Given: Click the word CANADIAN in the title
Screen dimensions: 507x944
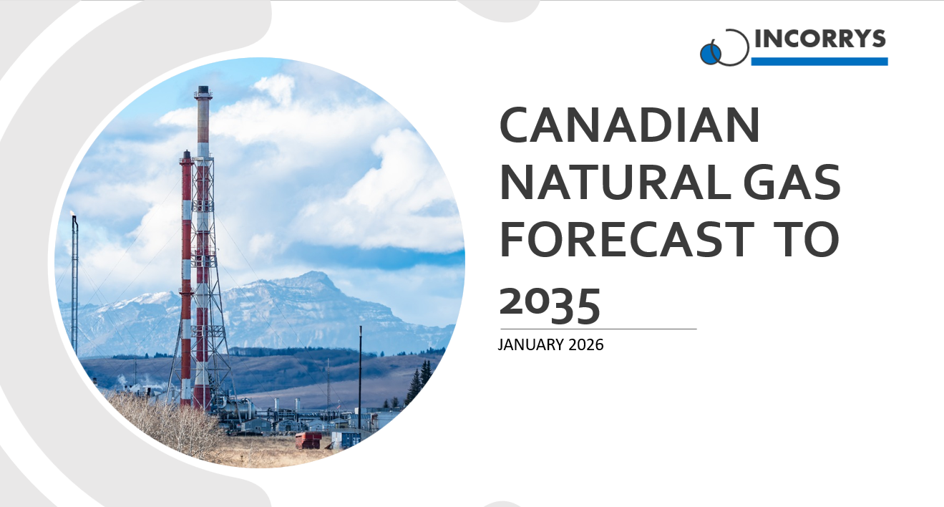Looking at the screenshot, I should (629, 127).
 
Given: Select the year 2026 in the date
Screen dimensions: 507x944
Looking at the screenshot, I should (585, 345).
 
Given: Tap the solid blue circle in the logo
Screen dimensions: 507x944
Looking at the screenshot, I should (710, 53).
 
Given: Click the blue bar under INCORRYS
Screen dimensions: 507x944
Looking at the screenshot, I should (819, 62).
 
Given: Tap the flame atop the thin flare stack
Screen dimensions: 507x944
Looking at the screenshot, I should (73, 214).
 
